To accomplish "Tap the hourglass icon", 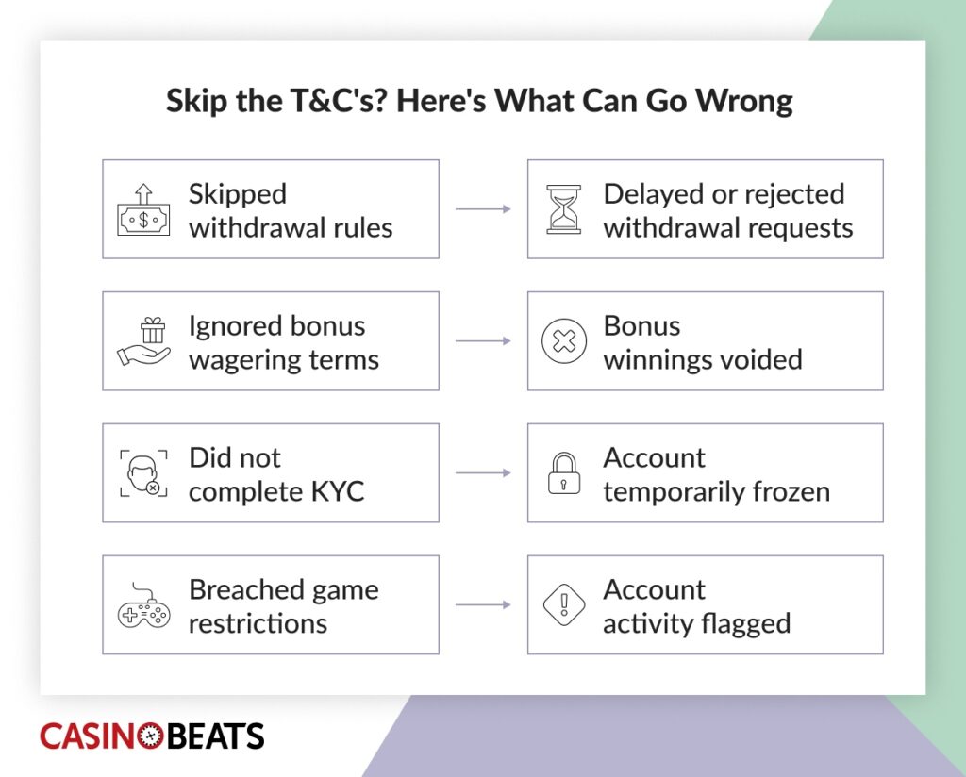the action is click(x=564, y=209).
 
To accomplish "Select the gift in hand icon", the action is click(x=144, y=341).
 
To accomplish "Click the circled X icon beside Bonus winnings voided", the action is click(x=564, y=341).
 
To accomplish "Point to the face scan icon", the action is click(x=143, y=473).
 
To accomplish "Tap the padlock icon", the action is click(x=564, y=473).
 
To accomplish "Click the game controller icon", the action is click(x=143, y=605).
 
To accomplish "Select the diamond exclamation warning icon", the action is click(x=564, y=604).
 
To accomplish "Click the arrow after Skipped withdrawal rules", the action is click(x=483, y=209).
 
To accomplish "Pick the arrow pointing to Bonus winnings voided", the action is click(x=483, y=341).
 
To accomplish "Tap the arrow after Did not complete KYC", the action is click(x=483, y=472).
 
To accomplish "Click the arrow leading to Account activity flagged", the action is click(x=483, y=604).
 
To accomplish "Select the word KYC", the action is click(x=338, y=491).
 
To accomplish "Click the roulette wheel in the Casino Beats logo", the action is click(x=151, y=736).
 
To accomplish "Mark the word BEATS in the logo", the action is click(x=215, y=736).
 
